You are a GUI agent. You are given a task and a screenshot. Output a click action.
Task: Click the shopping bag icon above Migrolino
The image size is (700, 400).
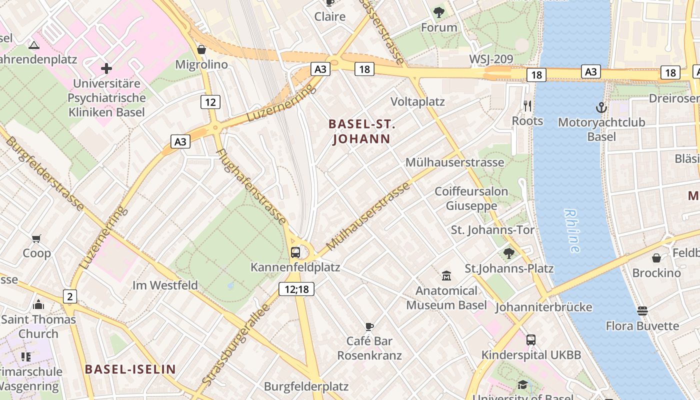coord(201,49)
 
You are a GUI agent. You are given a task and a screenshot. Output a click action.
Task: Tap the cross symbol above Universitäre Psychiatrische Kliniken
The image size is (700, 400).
coord(106,68)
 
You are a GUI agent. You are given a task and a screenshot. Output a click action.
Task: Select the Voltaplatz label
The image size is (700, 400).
coord(417,102)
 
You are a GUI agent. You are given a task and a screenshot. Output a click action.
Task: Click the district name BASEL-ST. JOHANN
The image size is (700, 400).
coord(361,131)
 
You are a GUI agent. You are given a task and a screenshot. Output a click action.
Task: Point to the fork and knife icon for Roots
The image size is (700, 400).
coord(527,105)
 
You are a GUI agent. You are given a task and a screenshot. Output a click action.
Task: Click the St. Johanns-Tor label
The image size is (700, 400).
coord(492,230)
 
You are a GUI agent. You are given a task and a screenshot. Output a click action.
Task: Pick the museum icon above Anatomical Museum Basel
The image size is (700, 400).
coord(446,275)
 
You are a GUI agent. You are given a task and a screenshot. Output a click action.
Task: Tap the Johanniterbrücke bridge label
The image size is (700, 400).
coord(543,307)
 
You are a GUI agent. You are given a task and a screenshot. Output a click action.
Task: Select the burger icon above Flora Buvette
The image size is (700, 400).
coord(642,311)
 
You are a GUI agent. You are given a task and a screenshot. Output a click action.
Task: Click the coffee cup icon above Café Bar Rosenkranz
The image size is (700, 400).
coord(369,326)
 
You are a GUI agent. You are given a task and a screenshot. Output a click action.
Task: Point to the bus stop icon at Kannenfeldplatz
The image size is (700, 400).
coord(295,252)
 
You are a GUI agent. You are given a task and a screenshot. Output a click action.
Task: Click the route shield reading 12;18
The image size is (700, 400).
coord(296,288)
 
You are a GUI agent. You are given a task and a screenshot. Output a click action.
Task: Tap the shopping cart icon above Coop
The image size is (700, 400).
coord(36,238)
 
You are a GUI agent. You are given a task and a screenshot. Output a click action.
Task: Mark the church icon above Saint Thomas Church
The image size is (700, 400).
coord(38,304)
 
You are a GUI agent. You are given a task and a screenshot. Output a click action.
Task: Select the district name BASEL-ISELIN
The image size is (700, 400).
coord(130,369)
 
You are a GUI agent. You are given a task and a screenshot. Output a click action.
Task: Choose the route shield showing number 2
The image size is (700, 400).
coord(70,296)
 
